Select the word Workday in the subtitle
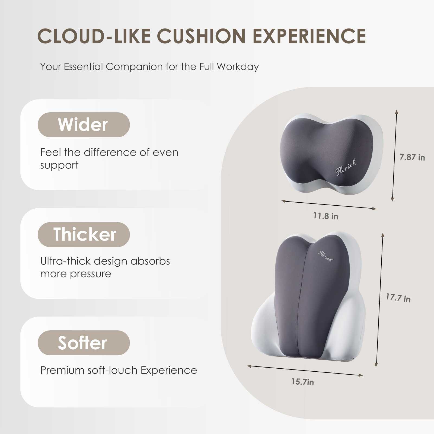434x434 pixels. click(x=238, y=67)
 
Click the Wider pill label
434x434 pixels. click(x=84, y=125)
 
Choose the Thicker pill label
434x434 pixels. click(x=84, y=234)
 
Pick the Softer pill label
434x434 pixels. click(x=84, y=343)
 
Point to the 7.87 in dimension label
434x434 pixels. click(x=412, y=157)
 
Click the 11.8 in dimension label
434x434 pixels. click(x=325, y=216)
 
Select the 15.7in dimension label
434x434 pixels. click(x=302, y=382)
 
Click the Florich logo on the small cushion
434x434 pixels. click(x=346, y=167)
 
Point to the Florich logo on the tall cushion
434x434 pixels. click(x=325, y=256)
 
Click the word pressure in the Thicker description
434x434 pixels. click(x=91, y=274)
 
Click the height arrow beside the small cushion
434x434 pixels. click(x=394, y=156)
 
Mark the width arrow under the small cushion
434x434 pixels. click(x=329, y=205)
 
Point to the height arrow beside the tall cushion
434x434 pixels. click(x=379, y=300)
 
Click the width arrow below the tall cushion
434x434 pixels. click(x=305, y=371)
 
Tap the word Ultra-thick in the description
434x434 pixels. click(x=65, y=261)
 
